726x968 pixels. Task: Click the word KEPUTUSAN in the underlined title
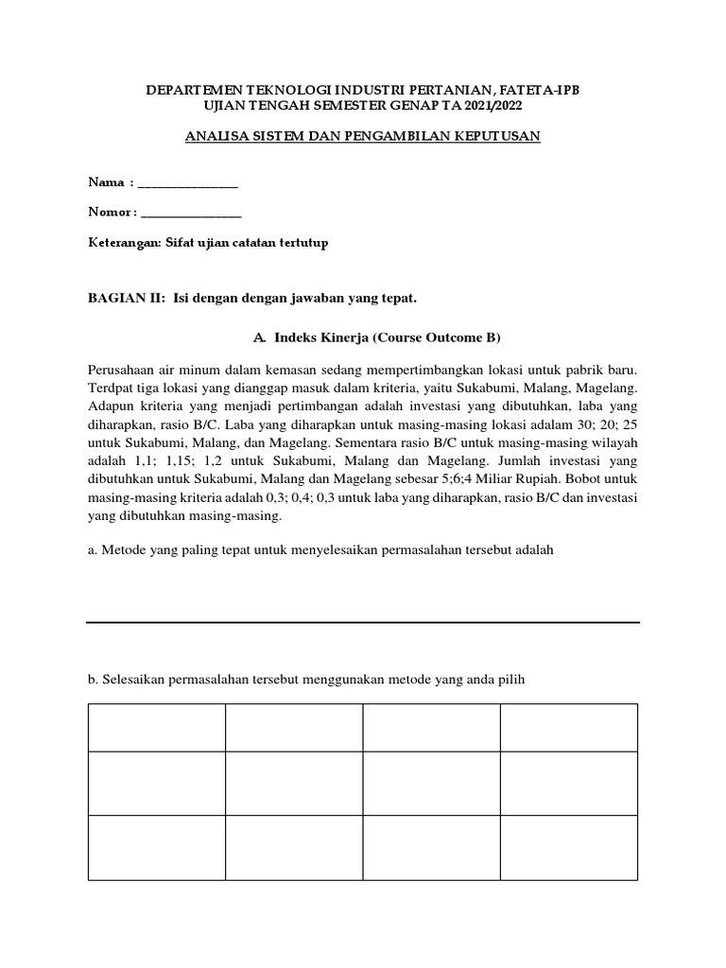click(500, 136)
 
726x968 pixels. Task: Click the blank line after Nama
click(188, 182)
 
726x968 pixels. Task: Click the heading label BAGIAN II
click(127, 299)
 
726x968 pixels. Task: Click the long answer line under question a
click(363, 622)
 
